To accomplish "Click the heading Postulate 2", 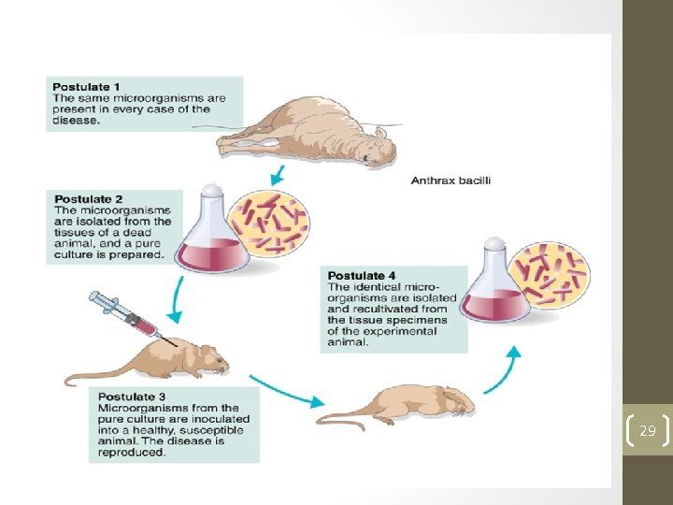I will pos(88,198).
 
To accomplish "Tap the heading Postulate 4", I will pos(362,276).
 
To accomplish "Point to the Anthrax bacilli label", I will pos(451,180).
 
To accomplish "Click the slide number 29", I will pos(647,431).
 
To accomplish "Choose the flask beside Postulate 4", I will pos(495,284).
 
